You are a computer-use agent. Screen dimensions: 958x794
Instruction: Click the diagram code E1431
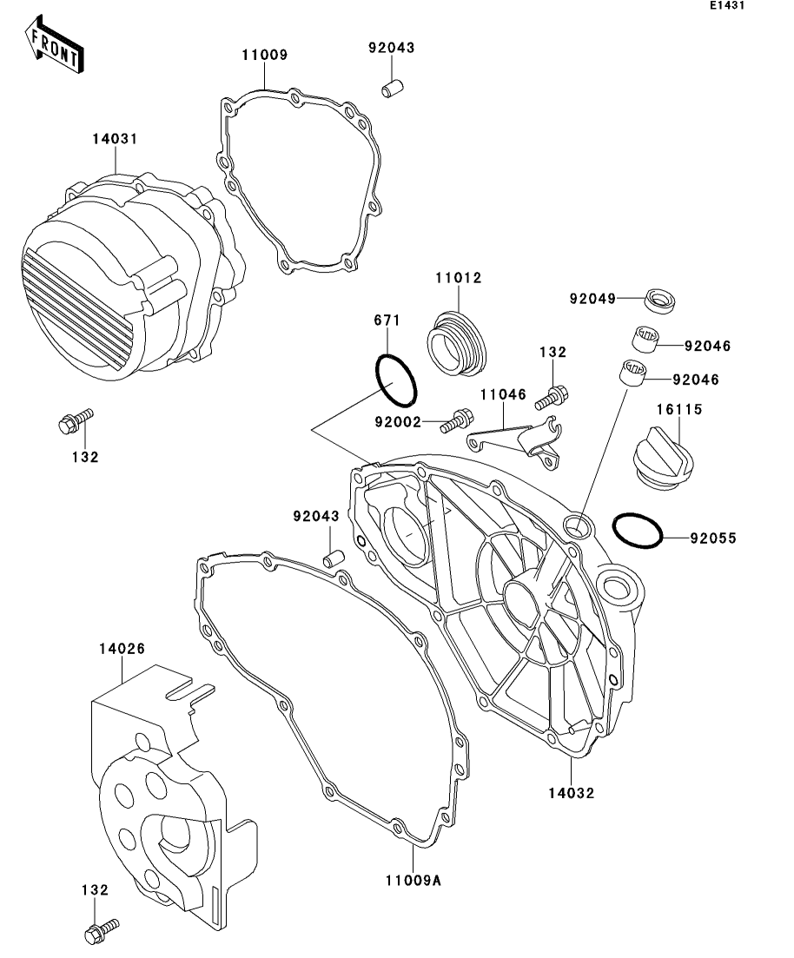(x=727, y=6)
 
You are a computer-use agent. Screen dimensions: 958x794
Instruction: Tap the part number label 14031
(x=116, y=139)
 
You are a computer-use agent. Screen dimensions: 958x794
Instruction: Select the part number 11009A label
(x=414, y=881)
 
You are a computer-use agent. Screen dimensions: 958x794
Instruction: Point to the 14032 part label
(x=572, y=792)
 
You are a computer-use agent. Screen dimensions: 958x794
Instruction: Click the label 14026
(x=122, y=648)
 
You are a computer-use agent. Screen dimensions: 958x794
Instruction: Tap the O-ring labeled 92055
(x=639, y=532)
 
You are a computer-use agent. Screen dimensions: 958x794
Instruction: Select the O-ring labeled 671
(x=397, y=380)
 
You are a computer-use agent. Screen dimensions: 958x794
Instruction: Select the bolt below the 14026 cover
(x=99, y=931)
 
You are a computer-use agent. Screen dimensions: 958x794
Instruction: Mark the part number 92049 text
(x=592, y=299)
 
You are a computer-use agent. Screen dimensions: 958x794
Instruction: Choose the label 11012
(x=458, y=278)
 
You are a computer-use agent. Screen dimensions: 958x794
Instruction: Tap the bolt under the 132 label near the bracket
(x=552, y=398)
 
